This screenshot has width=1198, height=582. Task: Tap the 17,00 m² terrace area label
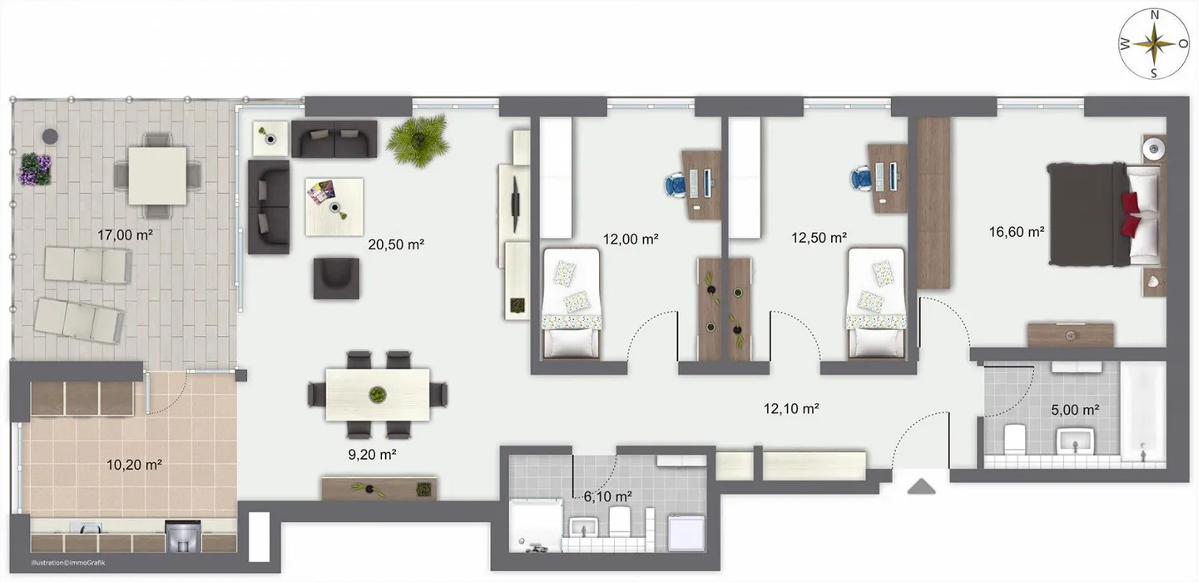(125, 235)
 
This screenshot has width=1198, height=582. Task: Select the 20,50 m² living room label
(396, 244)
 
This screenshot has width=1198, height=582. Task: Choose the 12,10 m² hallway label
(792, 408)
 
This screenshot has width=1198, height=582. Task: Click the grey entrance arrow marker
(921, 486)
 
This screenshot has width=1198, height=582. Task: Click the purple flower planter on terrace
(37, 169)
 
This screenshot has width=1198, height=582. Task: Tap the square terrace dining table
(157, 175)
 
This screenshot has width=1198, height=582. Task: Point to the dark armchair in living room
(336, 278)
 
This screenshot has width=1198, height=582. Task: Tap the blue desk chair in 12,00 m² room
(676, 183)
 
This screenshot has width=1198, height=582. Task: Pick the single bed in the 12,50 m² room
(875, 303)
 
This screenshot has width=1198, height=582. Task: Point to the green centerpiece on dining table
(378, 393)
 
